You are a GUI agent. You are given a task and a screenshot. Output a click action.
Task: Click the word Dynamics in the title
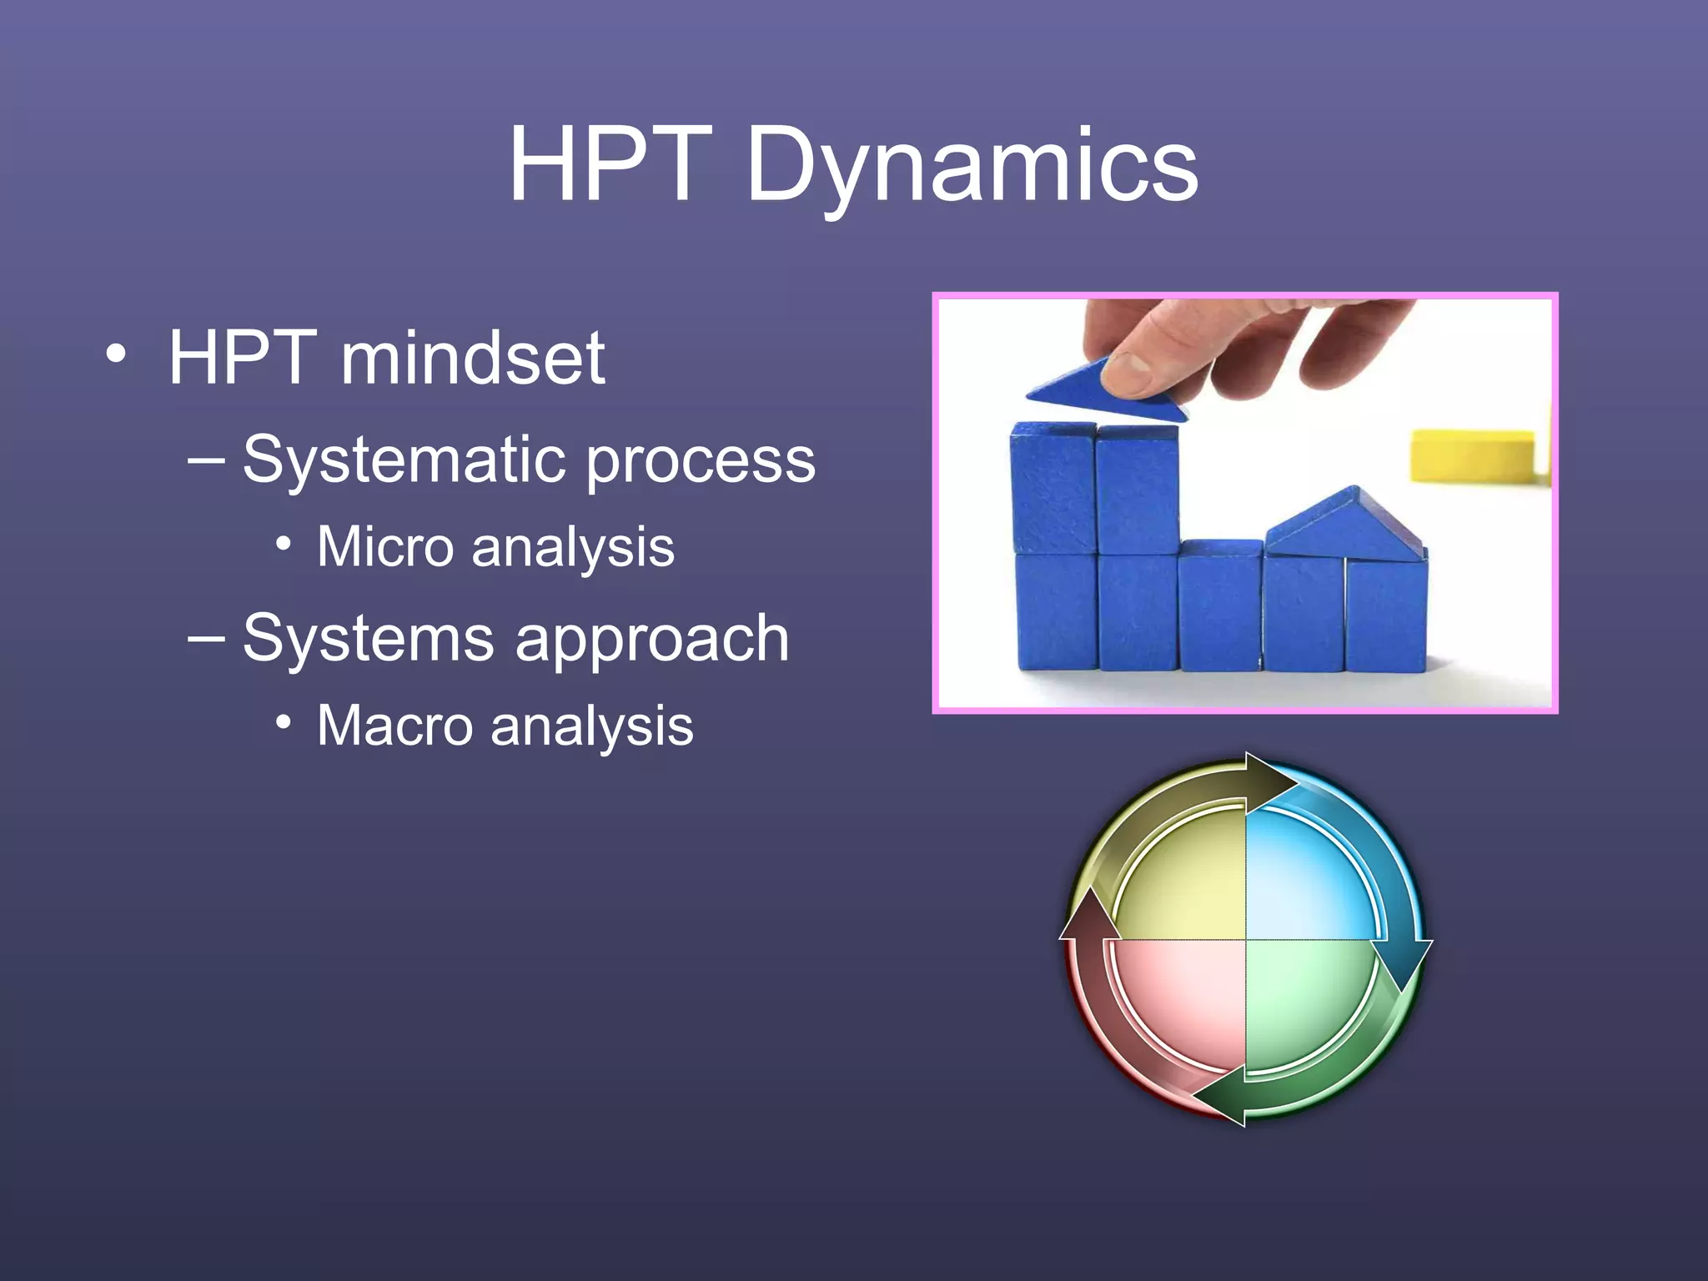click(x=972, y=167)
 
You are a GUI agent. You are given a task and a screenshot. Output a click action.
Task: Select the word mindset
click(x=472, y=359)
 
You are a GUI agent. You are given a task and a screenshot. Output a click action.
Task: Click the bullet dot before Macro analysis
click(x=284, y=722)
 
